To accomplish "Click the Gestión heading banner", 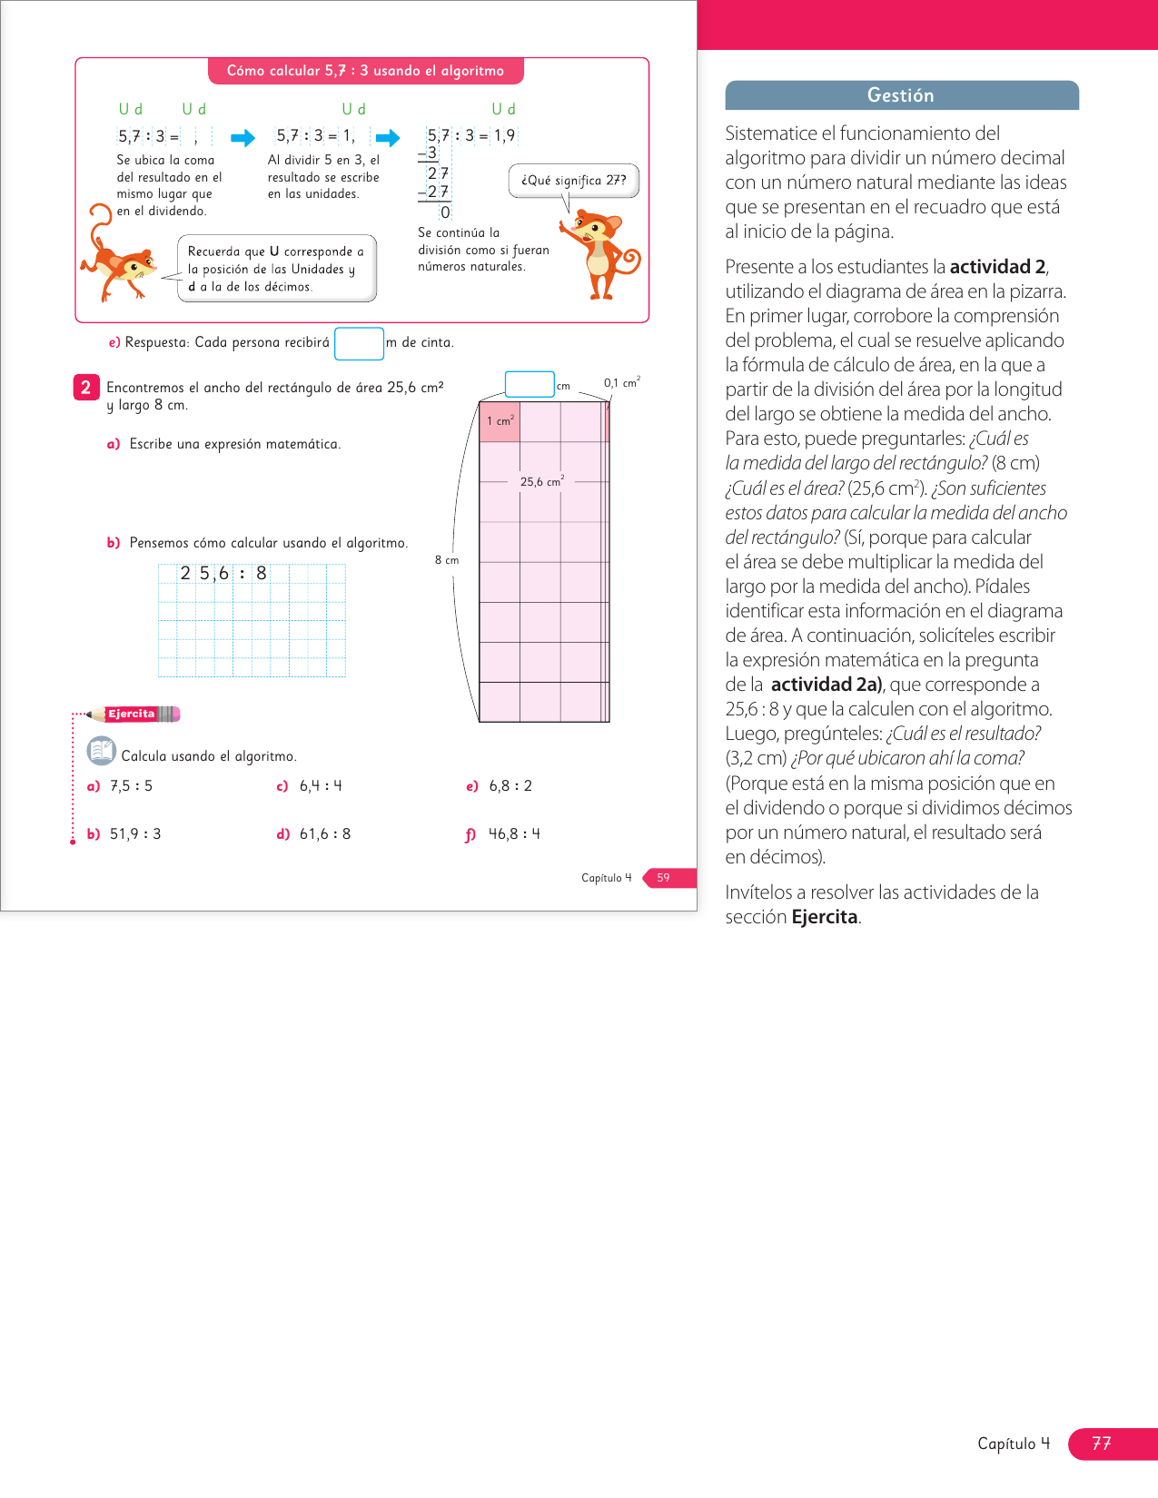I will pos(901,95).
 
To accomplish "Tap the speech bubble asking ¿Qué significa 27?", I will pos(573,180).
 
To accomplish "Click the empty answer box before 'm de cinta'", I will pos(359,343).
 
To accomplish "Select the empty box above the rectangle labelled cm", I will pos(529,384).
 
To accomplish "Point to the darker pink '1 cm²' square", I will pos(500,422).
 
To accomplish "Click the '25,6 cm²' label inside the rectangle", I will pos(541,481).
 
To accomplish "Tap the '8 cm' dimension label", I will pos(447,560).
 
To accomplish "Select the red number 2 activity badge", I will pos(85,388).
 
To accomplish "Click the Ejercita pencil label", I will pos(134,714).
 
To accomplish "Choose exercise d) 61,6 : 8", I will pos(314,833).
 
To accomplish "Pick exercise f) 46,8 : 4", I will pos(503,833).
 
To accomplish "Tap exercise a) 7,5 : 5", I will pos(121,785).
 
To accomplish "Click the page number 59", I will pos(664,878).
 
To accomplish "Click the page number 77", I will pos(1102,1444).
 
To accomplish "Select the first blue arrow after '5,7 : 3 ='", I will pos(242,138).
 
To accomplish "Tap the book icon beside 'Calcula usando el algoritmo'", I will pos(101,751).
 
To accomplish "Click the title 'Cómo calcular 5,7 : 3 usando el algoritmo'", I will pos(365,71).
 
